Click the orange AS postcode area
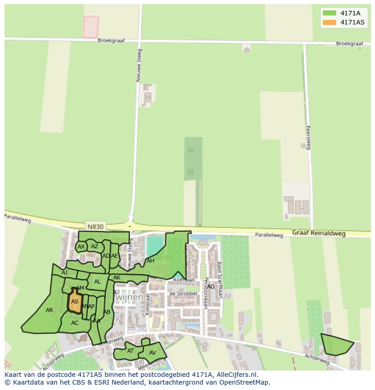point(75,301)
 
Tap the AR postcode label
point(50,310)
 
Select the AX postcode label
point(81,247)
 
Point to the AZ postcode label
point(95,246)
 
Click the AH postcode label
point(150,261)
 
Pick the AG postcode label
point(211,286)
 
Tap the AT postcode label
point(130,351)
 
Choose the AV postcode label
point(153,352)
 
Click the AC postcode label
point(75,323)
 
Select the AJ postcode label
point(64,272)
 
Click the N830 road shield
point(95,226)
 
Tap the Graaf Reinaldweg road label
point(318,234)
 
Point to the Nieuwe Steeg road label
point(139,65)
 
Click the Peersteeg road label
point(308,137)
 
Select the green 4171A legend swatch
point(329,13)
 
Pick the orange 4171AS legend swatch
point(329,22)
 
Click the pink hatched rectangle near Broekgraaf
point(91,27)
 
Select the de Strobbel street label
point(183,294)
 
